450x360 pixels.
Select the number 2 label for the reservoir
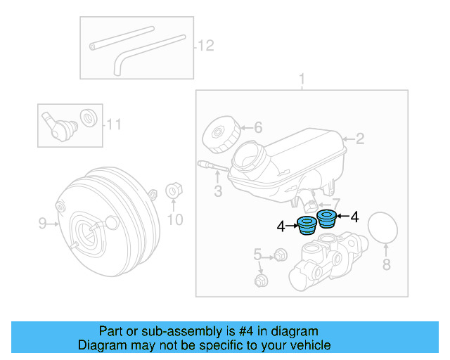pyautogui.click(x=360, y=139)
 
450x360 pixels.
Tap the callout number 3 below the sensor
pyautogui.click(x=218, y=191)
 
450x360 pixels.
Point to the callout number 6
pyautogui.click(x=257, y=128)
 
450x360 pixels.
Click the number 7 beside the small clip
pyautogui.click(x=335, y=203)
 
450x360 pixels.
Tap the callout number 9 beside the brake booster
pyautogui.click(x=42, y=224)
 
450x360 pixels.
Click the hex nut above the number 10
pyautogui.click(x=174, y=191)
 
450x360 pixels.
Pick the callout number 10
pyautogui.click(x=174, y=220)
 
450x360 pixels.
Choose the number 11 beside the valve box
pyautogui.click(x=114, y=125)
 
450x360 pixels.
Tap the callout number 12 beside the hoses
pyautogui.click(x=205, y=46)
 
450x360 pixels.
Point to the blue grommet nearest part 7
pyautogui.click(x=326, y=218)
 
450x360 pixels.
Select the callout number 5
pyautogui.click(x=257, y=254)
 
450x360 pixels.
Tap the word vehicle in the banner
pyautogui.click(x=309, y=345)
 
